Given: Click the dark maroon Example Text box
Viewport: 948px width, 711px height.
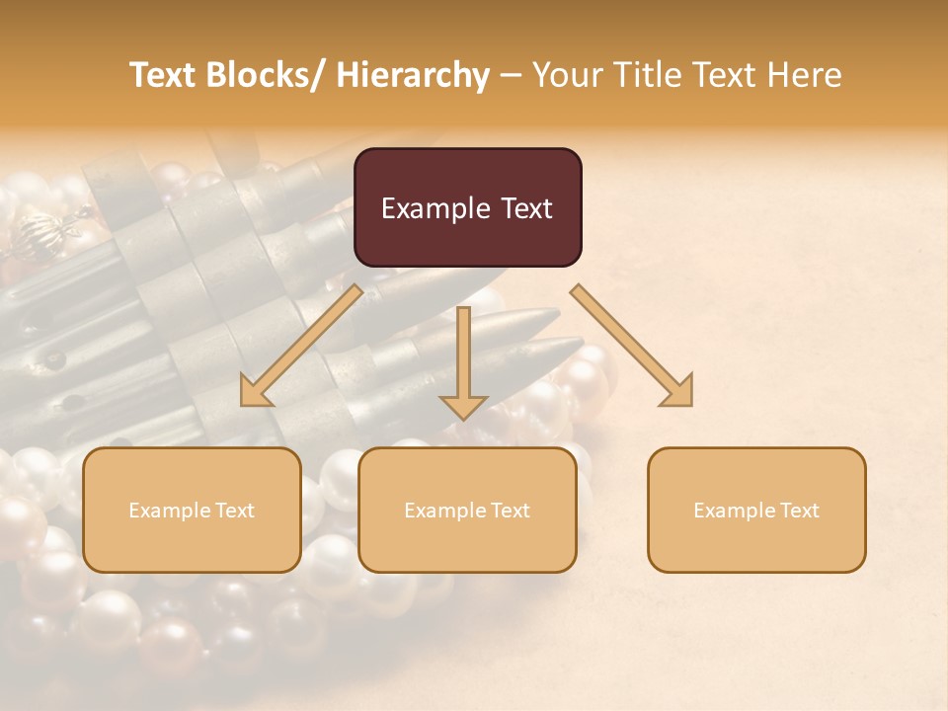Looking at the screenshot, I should pos(467,207).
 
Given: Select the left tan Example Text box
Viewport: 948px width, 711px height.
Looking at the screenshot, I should pos(192,510).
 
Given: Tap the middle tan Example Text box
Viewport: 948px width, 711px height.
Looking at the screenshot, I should pos(467,510).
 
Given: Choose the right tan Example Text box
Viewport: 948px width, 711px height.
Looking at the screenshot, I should pos(756,510).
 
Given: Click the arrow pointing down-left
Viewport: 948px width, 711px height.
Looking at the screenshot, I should pos(300,347).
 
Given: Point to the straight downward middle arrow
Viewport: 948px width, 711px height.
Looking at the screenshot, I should pos(463,361).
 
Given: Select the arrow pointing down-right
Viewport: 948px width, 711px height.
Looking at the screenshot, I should pos(632,346).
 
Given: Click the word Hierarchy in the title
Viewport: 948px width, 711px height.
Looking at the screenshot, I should pos(414,75).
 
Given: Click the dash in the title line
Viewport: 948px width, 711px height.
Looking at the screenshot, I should pos(510,75).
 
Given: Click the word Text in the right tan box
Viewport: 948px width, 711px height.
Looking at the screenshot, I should pos(799,510).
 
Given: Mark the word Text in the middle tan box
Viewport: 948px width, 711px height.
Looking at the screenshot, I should pos(510,510).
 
